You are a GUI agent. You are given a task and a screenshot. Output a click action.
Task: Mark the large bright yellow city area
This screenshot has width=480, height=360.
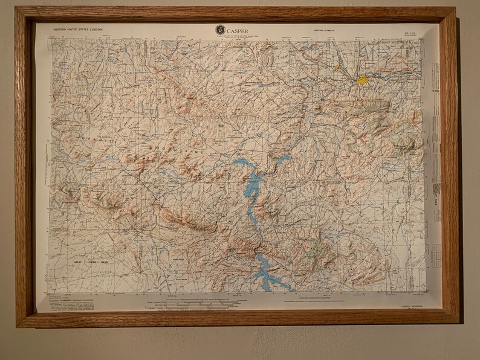pos(362,80)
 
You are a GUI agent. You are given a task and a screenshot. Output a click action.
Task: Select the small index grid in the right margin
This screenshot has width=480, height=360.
pos(435,250)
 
